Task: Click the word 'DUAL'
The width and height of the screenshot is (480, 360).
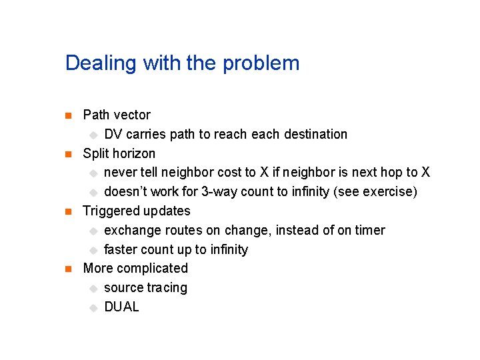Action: pyautogui.click(x=121, y=307)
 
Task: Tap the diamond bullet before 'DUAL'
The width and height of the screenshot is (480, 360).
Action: pyautogui.click(x=93, y=307)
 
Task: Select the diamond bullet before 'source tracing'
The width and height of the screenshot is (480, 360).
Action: pyautogui.click(x=93, y=288)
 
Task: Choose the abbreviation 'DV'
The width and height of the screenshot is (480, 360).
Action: pyautogui.click(x=113, y=134)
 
